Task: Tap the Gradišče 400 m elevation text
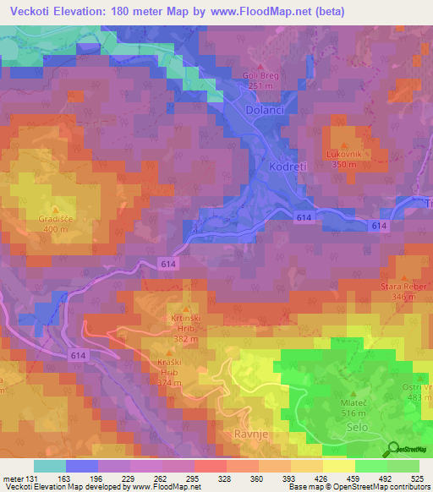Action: click(x=56, y=229)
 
